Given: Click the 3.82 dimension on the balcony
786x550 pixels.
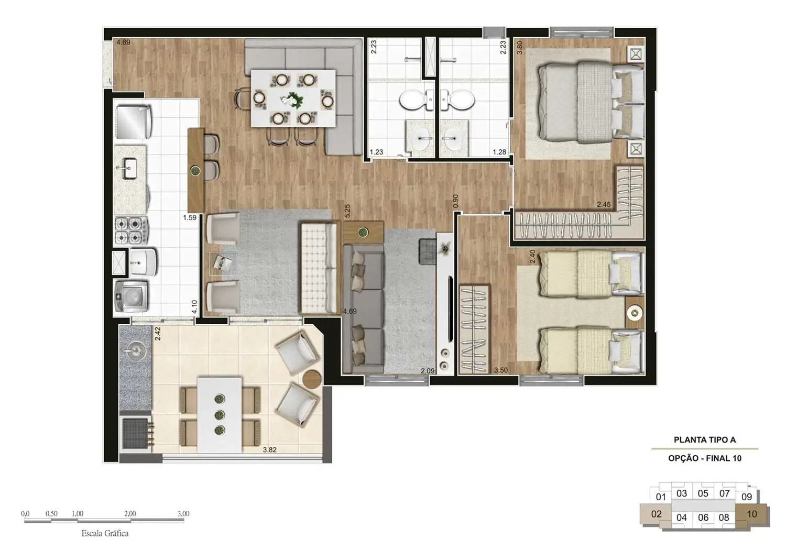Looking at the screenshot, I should click(269, 449).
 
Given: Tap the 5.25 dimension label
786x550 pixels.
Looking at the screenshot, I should click(347, 211).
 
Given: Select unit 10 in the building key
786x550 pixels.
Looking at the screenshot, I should click(752, 514).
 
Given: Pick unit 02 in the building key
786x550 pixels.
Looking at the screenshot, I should click(657, 514).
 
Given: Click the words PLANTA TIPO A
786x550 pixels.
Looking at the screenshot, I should click(704, 440).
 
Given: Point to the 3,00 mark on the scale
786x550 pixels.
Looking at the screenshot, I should click(183, 514).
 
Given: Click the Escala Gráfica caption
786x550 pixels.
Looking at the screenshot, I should click(105, 534).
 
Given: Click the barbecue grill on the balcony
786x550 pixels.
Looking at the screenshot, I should click(136, 433).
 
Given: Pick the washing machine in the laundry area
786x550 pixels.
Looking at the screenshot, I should click(131, 296).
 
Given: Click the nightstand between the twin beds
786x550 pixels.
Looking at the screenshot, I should click(634, 313).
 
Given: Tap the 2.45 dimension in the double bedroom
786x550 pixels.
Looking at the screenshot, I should click(604, 205).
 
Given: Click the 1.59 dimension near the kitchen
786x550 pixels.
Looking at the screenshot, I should click(190, 217).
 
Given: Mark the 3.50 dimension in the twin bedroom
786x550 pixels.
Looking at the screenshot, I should click(501, 370).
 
